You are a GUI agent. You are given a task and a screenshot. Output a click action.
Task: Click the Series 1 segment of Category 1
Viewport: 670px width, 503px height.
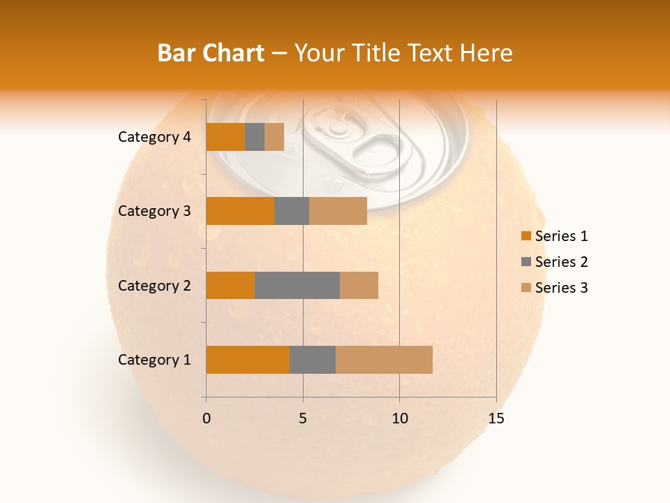(x=248, y=360)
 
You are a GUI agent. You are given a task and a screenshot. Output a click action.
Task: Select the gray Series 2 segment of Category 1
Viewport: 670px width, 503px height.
(x=313, y=360)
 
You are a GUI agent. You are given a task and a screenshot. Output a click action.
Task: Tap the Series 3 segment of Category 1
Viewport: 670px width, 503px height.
(x=384, y=360)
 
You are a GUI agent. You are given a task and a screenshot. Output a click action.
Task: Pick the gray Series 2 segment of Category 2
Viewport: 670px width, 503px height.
(x=297, y=285)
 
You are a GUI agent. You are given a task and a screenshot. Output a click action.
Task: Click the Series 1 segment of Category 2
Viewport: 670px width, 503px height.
(x=230, y=285)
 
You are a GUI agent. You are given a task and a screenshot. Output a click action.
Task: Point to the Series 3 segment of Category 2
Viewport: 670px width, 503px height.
(x=359, y=285)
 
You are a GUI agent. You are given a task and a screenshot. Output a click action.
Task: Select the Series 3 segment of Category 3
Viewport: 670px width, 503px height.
(x=338, y=211)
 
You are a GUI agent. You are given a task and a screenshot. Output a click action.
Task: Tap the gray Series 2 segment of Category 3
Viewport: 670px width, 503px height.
(x=292, y=211)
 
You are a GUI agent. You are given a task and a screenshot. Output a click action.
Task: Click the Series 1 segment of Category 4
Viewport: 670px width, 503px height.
(x=225, y=137)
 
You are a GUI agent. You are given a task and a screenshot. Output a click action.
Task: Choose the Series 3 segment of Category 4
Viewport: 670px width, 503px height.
(x=274, y=137)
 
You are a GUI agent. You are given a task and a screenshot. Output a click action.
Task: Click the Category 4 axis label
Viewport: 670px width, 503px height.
(x=154, y=137)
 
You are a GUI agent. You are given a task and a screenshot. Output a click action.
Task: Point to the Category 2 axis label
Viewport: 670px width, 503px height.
(x=154, y=285)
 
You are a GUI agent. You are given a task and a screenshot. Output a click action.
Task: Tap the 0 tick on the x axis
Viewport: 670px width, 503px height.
(x=206, y=418)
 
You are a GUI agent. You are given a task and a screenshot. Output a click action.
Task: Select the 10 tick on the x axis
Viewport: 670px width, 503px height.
(x=399, y=418)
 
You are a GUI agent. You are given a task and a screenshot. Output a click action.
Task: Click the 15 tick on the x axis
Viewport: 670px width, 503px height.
(x=496, y=418)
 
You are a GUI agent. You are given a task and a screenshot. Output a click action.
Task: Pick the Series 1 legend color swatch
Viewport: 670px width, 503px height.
(x=526, y=236)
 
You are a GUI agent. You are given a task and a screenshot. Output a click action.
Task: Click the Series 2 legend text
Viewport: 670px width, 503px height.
(x=561, y=262)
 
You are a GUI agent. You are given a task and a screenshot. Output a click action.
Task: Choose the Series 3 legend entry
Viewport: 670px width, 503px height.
(x=555, y=288)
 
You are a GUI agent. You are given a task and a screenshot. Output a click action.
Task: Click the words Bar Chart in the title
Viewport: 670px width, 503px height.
(x=210, y=53)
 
